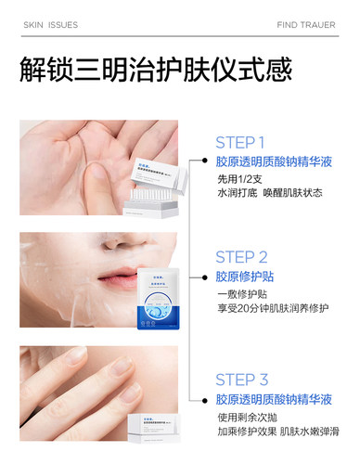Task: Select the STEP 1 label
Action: click(240, 143)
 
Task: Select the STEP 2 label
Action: click(241, 257)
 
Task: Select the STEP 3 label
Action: click(241, 379)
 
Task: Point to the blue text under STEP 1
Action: click(274, 161)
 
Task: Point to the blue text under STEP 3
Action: click(274, 399)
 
